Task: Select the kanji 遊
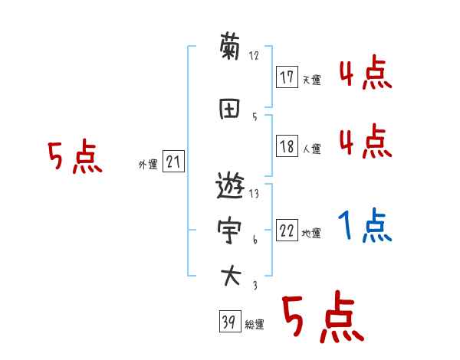[x=230, y=186]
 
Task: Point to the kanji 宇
[x=230, y=229]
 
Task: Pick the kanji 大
[x=230, y=273]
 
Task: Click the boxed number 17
[x=287, y=77]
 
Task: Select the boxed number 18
[x=287, y=147]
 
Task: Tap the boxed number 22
[x=287, y=231]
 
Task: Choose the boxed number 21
[x=173, y=162]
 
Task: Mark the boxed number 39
[x=228, y=322]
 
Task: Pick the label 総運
[x=255, y=326]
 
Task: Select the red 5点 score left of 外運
[x=74, y=157]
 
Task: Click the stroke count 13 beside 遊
[x=255, y=194]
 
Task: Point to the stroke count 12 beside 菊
[x=255, y=56]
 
